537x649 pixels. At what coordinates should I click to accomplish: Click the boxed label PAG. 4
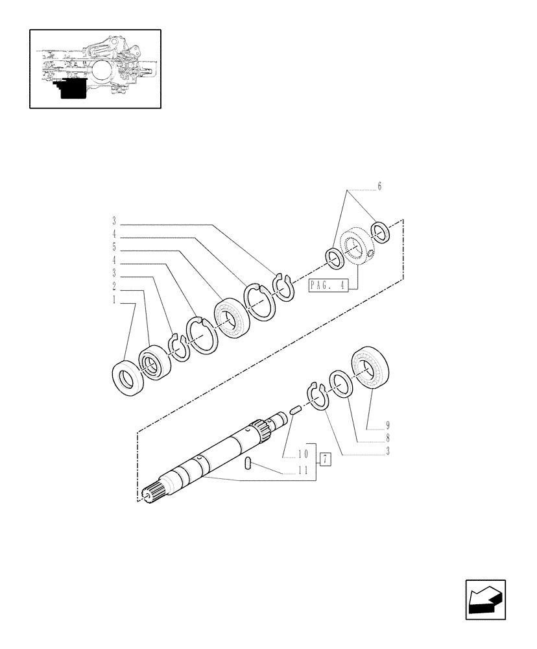pos(329,284)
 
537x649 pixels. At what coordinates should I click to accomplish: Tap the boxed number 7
pos(326,460)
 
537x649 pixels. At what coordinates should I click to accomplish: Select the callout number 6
pos(379,186)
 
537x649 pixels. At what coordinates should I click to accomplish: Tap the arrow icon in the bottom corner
pos(485,600)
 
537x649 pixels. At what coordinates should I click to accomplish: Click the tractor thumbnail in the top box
pos(95,68)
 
